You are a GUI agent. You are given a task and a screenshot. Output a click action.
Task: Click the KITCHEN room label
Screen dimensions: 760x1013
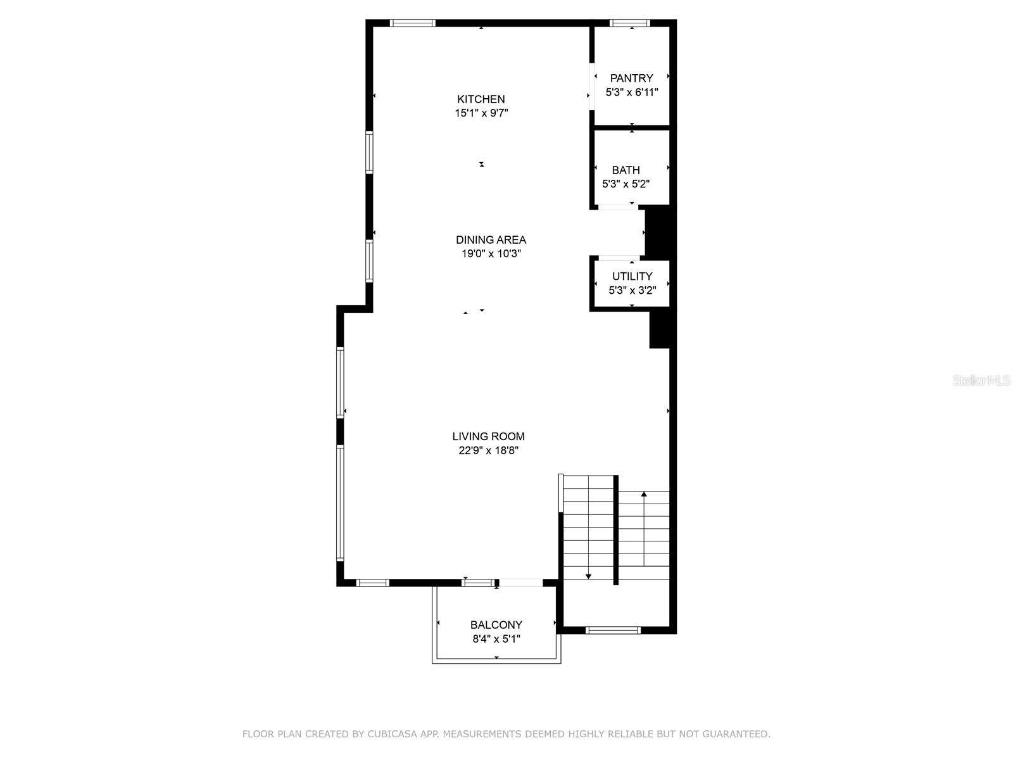click(481, 99)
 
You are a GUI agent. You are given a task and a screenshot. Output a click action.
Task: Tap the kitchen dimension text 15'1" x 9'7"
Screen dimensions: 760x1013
click(481, 113)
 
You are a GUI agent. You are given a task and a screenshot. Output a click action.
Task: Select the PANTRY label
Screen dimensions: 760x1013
click(631, 78)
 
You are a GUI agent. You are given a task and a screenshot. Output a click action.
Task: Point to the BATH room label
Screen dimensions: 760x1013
click(626, 170)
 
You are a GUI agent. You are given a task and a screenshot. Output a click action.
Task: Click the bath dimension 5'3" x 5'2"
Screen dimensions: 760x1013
click(626, 184)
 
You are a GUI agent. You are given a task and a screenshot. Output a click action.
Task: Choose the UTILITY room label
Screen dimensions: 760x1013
click(632, 276)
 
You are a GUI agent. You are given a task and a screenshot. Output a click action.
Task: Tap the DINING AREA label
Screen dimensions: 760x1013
click(491, 239)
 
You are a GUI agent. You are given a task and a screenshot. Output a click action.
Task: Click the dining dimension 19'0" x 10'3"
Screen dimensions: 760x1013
click(491, 254)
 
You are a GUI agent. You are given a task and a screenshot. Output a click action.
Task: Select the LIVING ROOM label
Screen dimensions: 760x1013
click(488, 436)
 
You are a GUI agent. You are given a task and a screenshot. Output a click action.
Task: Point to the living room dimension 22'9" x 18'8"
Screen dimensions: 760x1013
click(488, 451)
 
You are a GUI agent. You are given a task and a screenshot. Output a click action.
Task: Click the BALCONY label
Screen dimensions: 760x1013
click(496, 625)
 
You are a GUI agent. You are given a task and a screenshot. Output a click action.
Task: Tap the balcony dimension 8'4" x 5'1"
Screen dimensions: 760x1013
click(496, 639)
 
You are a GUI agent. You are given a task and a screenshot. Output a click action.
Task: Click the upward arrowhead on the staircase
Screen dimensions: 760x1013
click(644, 494)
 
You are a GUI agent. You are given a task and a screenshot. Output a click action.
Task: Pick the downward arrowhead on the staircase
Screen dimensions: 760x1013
click(589, 576)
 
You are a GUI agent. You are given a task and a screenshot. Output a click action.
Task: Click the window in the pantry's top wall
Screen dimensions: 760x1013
click(630, 23)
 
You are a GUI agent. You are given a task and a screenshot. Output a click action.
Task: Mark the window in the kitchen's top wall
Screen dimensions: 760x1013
click(412, 23)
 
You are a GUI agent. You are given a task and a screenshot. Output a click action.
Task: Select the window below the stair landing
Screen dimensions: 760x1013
click(613, 630)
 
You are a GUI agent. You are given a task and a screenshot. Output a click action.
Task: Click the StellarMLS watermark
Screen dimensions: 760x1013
click(981, 381)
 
